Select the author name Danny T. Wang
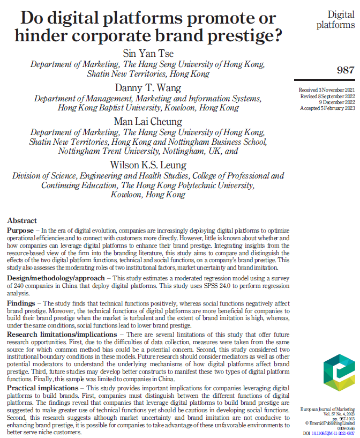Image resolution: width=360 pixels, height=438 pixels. point(148,87)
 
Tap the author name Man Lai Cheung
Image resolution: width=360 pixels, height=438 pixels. point(148,121)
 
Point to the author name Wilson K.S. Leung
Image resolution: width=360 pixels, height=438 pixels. point(148,164)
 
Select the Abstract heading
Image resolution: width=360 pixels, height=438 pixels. point(22,220)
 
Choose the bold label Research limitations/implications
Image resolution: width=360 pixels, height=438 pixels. point(62,334)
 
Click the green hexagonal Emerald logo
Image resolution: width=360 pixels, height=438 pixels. point(339,375)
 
